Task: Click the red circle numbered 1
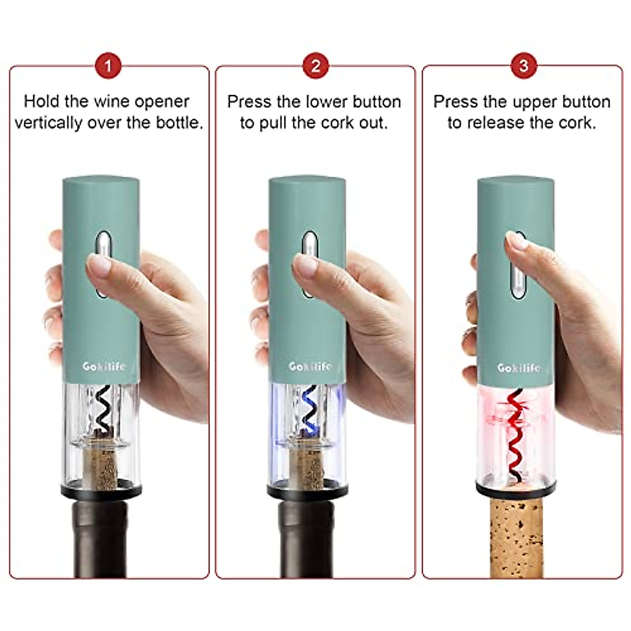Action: (x=108, y=66)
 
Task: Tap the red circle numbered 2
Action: (x=315, y=66)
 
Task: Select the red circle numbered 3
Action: (x=523, y=66)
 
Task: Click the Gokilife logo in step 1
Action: (x=104, y=367)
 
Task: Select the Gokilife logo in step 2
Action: (x=310, y=366)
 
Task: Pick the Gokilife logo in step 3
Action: (x=518, y=368)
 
